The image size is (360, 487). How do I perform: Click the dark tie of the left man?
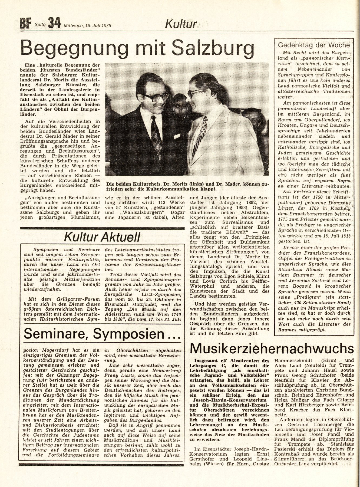pos(157,134)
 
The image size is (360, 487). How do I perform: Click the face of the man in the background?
pos(179,105)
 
